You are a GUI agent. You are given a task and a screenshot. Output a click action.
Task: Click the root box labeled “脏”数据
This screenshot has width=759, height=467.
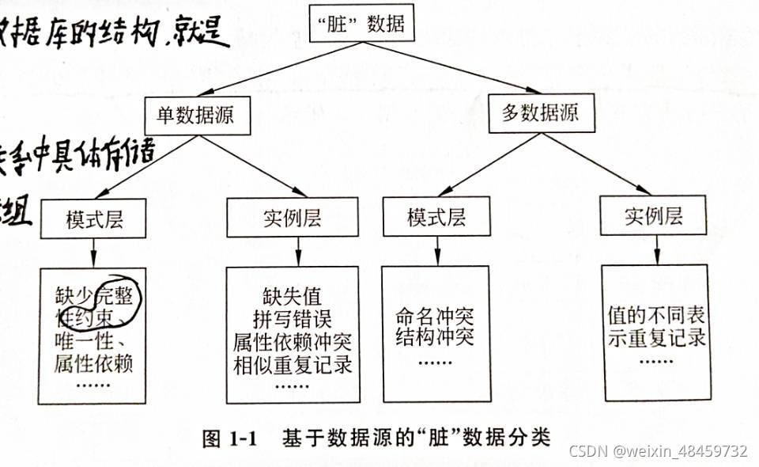[x=365, y=25]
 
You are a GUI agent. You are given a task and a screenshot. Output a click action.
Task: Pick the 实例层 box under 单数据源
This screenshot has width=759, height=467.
[x=293, y=217]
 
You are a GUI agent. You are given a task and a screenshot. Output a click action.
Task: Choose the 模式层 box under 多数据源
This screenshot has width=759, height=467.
[x=436, y=217]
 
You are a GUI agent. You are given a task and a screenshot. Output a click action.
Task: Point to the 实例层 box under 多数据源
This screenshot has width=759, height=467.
[x=653, y=215]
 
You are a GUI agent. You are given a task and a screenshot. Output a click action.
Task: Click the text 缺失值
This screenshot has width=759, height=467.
[x=293, y=297]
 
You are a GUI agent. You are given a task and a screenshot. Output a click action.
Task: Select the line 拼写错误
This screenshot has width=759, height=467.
[x=293, y=319]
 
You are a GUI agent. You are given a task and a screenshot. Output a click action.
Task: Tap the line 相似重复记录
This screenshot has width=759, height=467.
[x=293, y=365]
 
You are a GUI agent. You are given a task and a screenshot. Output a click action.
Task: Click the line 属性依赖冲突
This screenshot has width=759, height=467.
[x=293, y=342]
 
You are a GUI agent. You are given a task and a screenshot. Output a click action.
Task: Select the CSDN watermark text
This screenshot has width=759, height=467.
[x=658, y=451]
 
